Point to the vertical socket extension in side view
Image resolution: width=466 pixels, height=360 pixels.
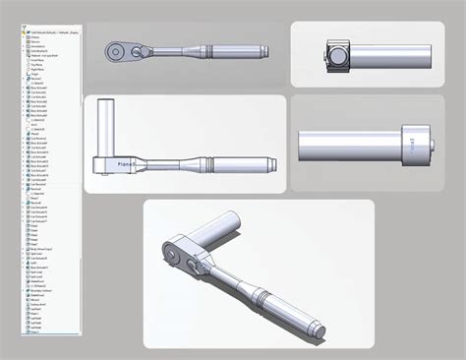click(x=108, y=128)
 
